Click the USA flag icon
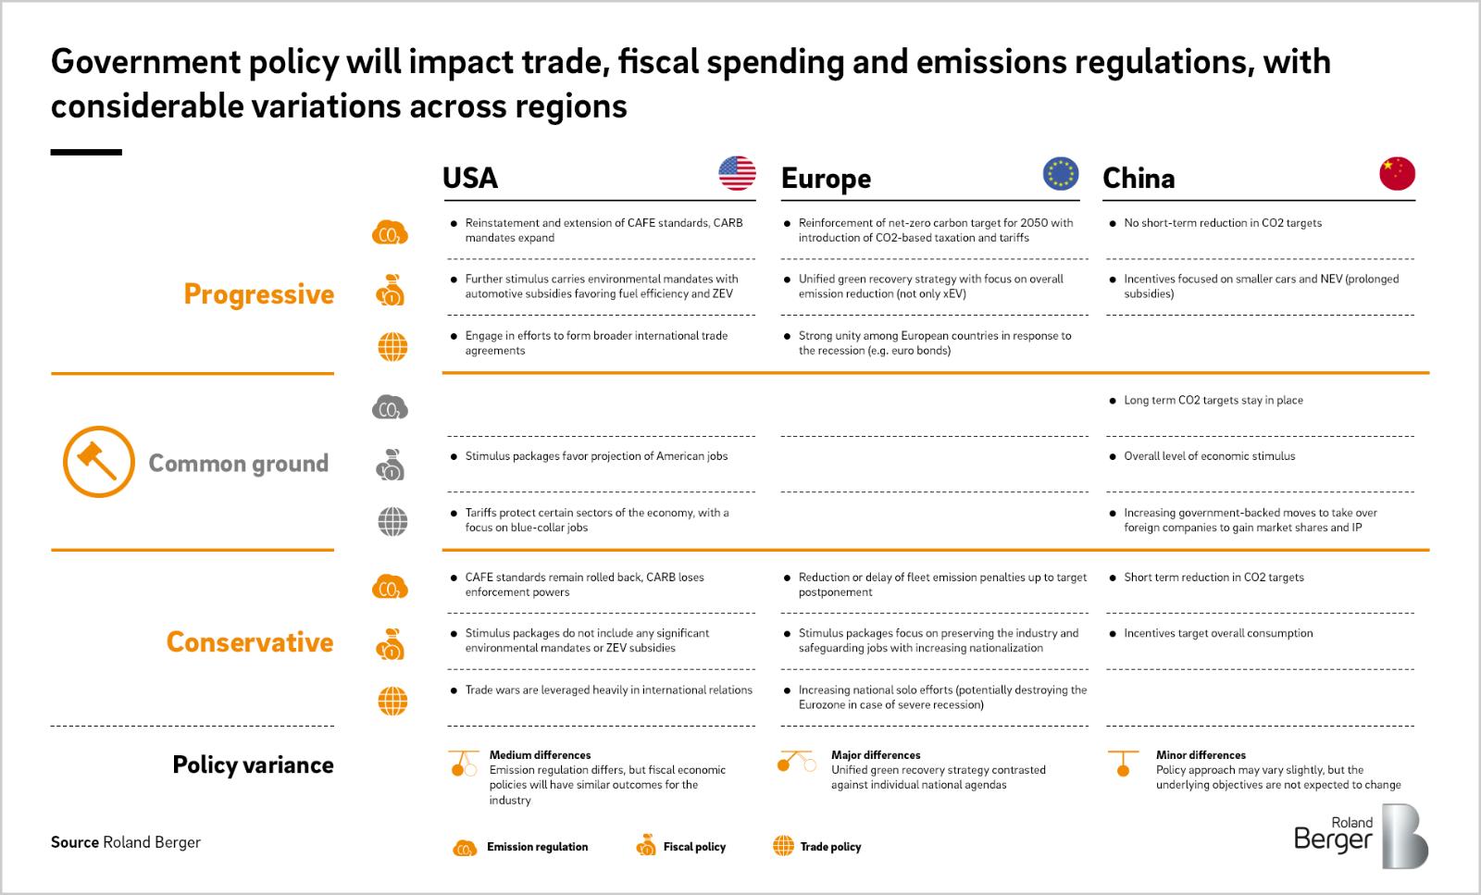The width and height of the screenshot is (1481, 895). click(x=737, y=173)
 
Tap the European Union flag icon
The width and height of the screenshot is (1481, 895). click(x=1061, y=173)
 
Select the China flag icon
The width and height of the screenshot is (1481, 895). click(x=1397, y=173)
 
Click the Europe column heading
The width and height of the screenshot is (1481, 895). click(x=826, y=178)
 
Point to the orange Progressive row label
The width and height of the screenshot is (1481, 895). click(x=258, y=293)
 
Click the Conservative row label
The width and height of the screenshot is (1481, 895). click(x=250, y=641)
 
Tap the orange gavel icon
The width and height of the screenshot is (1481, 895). click(x=98, y=461)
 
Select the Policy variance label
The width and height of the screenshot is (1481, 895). click(x=253, y=764)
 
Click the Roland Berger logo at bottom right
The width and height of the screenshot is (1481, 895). click(x=1360, y=835)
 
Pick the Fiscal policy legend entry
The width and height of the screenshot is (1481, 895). click(x=681, y=846)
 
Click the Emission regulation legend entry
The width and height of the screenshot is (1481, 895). click(x=521, y=846)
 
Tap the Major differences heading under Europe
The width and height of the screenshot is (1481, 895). click(x=876, y=754)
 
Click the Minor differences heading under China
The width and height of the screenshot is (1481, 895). click(x=1201, y=754)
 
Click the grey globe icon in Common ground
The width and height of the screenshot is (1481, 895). click(x=392, y=521)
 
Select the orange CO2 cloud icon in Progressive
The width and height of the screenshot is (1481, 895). click(x=390, y=234)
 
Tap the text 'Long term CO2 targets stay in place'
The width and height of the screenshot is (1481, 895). click(x=1213, y=400)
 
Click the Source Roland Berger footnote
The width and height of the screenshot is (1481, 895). click(x=126, y=842)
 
